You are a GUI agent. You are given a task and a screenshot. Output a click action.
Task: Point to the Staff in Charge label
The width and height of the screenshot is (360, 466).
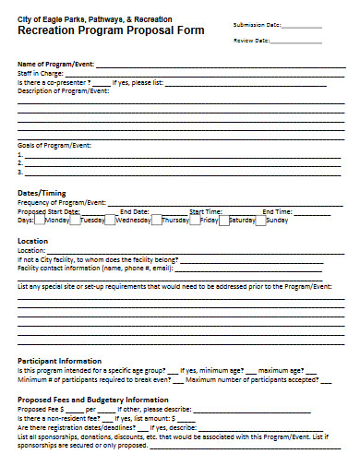click(x=40, y=70)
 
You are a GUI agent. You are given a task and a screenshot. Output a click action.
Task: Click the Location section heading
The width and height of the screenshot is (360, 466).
click(x=33, y=241)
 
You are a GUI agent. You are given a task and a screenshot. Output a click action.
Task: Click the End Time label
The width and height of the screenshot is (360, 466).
click(x=277, y=211)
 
